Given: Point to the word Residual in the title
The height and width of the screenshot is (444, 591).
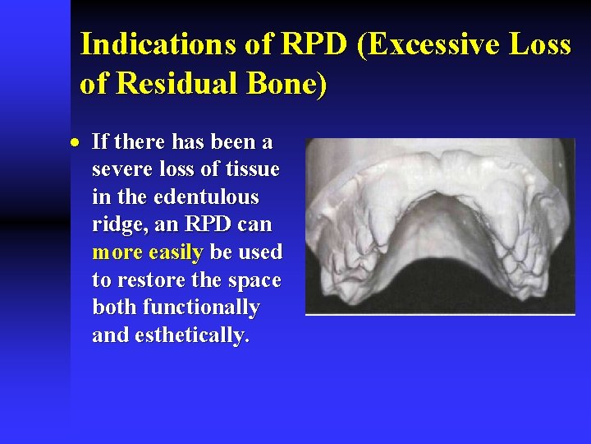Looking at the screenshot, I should pos(176,84).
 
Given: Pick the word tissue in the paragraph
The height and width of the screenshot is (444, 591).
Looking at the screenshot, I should pos(252,170).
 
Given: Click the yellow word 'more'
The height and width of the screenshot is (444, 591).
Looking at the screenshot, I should pos(117,252).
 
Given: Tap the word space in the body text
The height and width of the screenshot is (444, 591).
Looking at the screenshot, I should pos(254,280).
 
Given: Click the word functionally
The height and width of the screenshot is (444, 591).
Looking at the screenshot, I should pos(201,308).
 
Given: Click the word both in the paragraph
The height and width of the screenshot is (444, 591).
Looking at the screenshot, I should pos(115,308).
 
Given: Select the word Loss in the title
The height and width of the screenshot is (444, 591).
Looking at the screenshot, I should pos(542,45).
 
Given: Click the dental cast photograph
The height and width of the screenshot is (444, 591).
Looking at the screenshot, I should pos(440,226).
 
